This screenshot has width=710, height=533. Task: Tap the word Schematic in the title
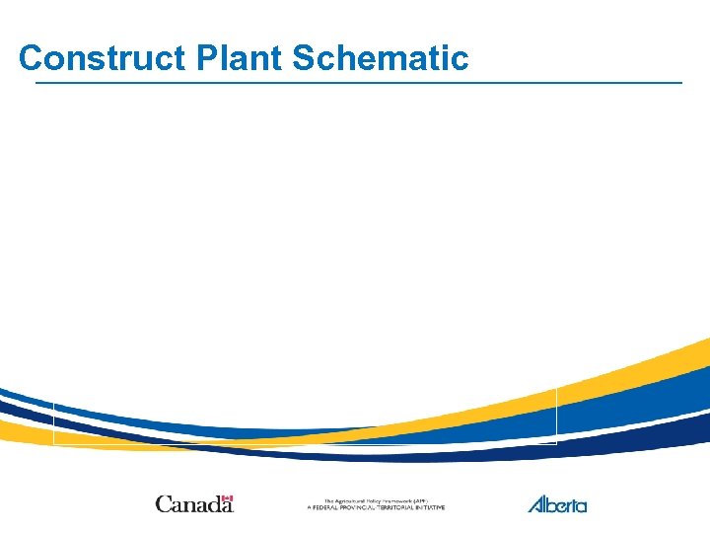(x=380, y=58)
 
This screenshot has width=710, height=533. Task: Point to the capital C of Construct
(x=32, y=58)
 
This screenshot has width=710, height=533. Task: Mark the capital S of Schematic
(x=304, y=58)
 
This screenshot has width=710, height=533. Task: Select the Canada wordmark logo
(x=194, y=504)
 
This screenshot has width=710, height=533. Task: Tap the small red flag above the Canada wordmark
(x=228, y=498)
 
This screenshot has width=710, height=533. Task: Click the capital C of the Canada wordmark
(x=163, y=505)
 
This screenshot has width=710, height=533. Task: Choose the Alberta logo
(x=557, y=504)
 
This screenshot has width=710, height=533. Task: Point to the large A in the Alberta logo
(x=536, y=505)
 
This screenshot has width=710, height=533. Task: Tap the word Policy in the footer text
(x=376, y=501)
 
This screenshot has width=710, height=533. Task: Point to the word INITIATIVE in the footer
(x=431, y=508)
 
